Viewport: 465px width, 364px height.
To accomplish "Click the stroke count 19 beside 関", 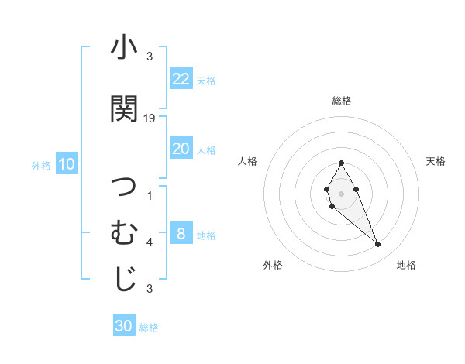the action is coord(150,118).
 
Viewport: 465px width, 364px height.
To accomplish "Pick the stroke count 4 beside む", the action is coord(150,242).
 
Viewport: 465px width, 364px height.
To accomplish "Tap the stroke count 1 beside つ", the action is coord(150,195).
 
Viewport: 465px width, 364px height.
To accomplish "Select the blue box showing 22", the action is coord(181,79).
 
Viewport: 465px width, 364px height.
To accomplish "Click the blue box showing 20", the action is coord(181,149).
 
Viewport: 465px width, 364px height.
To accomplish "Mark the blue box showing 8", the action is coord(181,234).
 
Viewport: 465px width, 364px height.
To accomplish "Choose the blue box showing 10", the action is coord(67,164).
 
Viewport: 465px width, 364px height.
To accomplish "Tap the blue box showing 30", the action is coord(124,326).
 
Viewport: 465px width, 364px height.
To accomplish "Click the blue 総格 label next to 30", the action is coord(149,328).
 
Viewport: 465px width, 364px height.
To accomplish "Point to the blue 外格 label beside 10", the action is coord(41,165).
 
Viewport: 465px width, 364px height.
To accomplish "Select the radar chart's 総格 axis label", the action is coord(341,101).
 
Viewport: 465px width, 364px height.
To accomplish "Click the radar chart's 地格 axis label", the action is coord(406,265).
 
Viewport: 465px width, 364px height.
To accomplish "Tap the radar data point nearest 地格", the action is coord(377,245).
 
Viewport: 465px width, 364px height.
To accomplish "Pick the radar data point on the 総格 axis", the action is coord(341,163).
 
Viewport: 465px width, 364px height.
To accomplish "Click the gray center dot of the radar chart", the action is coord(341,193).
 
